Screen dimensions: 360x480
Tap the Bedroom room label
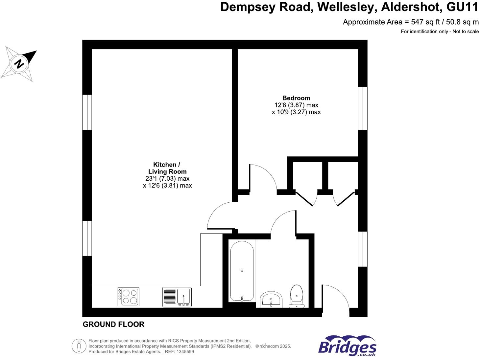296,98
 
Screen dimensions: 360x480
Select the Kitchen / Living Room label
167,168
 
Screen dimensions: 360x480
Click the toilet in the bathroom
297,296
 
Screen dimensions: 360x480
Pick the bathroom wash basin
271,299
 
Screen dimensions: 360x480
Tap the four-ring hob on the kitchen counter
128,297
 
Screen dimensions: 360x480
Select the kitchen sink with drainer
177,297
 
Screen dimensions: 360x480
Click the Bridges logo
347,346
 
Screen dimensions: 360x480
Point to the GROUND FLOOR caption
113,324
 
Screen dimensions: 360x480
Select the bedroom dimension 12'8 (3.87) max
296,105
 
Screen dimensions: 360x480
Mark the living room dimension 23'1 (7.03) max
167,179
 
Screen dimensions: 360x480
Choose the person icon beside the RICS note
79,346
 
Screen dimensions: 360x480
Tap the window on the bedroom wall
363,108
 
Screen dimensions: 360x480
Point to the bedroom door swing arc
263,177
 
